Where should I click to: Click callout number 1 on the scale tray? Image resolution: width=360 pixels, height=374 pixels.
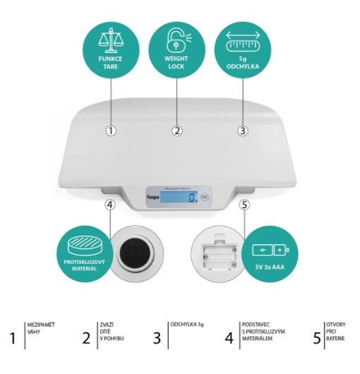tap(111, 130)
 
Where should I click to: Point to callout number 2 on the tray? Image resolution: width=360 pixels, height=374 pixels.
tap(177, 130)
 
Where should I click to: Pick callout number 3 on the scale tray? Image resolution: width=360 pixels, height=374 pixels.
tap(243, 130)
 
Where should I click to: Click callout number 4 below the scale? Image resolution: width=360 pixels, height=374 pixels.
tap(109, 205)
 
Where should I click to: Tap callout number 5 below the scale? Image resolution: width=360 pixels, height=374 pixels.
tap(245, 205)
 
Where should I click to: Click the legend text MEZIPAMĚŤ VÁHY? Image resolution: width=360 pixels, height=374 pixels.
tap(40, 329)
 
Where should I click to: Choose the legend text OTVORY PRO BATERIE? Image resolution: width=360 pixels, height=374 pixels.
tap(335, 332)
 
